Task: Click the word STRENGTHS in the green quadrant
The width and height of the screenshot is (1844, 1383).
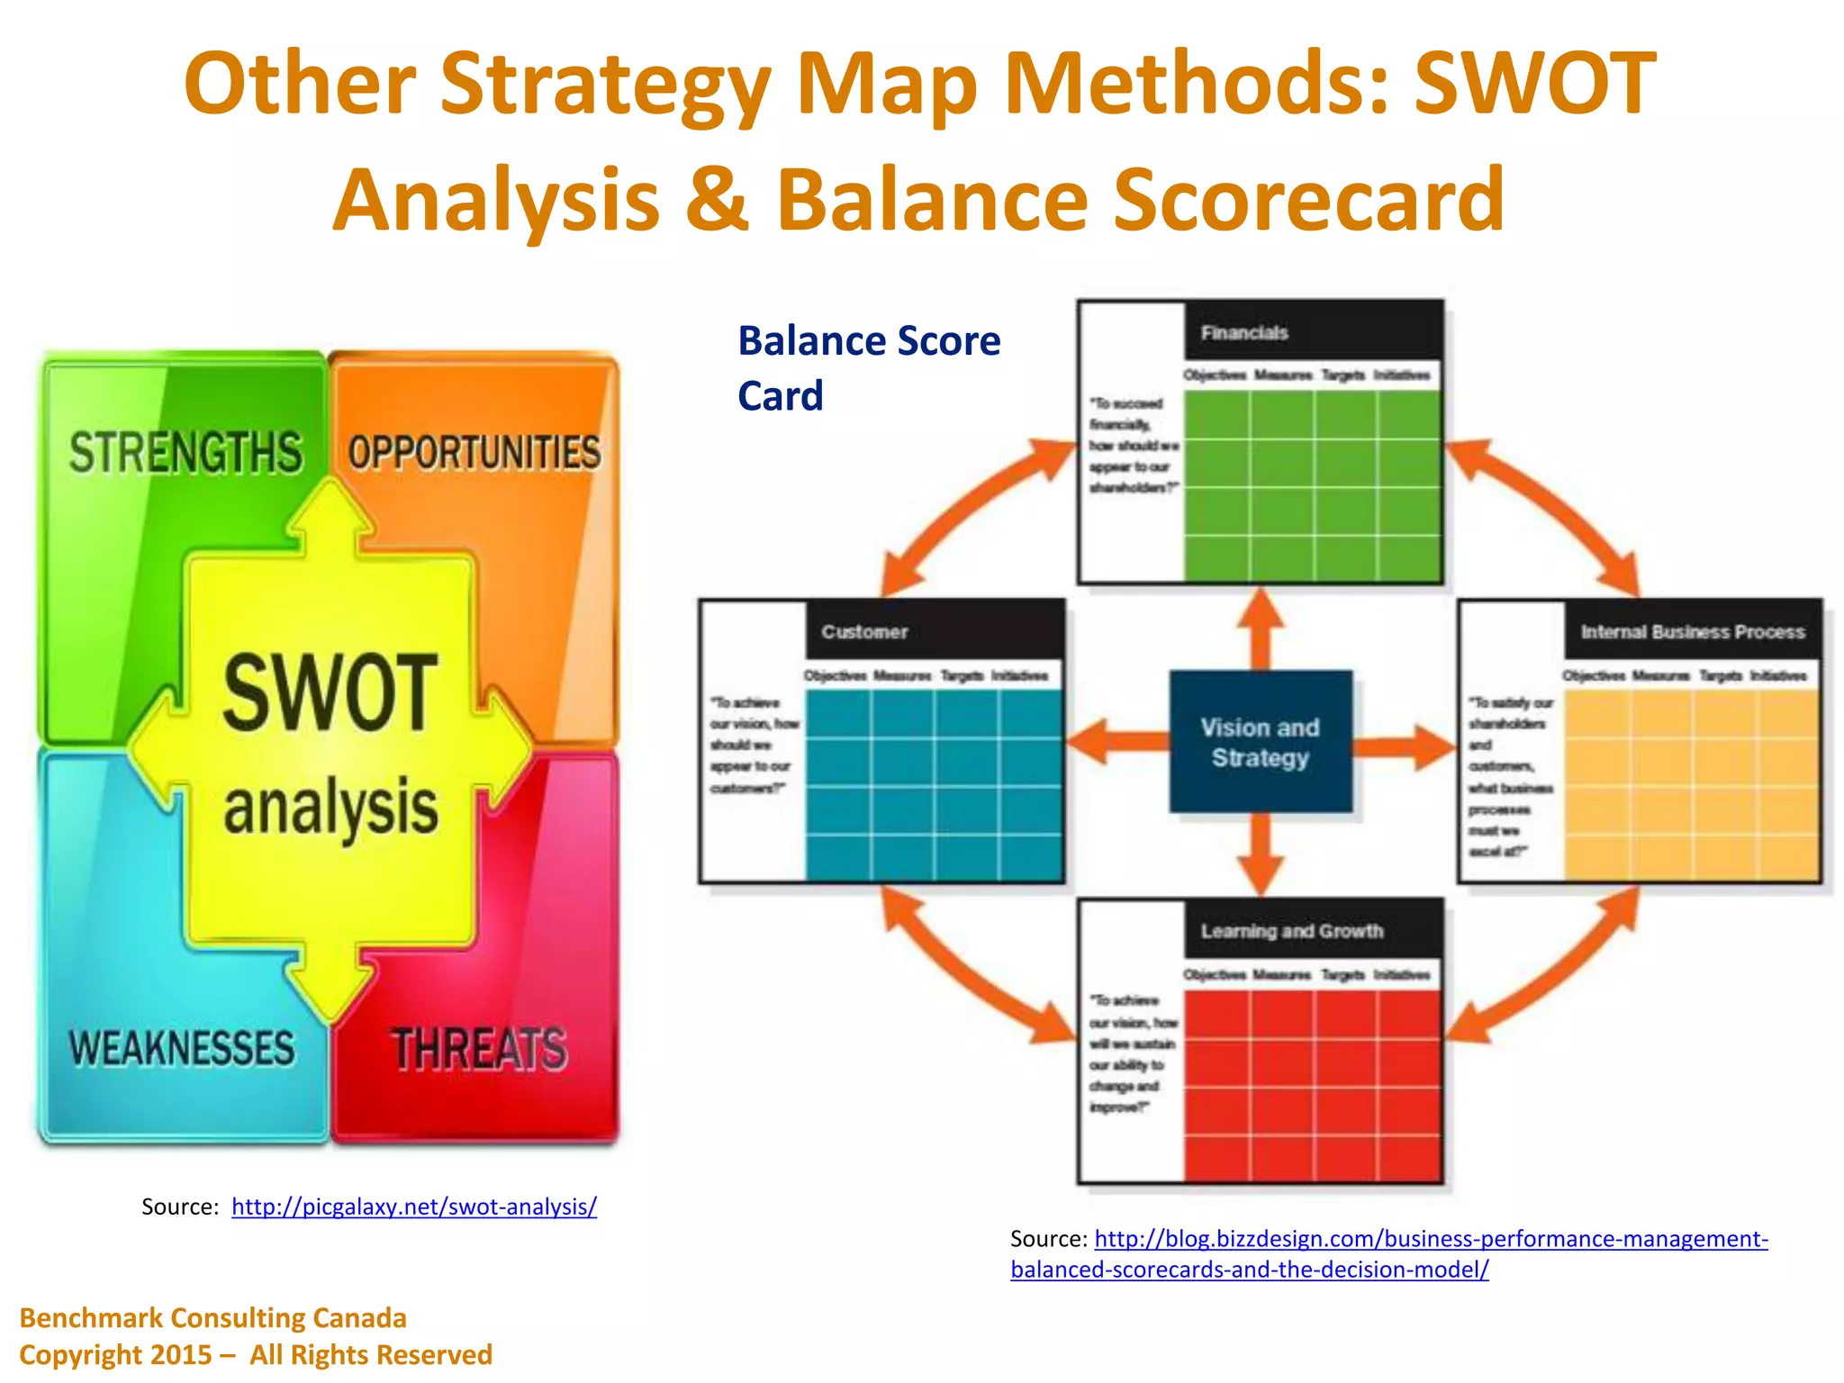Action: point(185,453)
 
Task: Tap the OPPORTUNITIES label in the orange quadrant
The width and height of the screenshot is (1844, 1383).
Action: point(475,453)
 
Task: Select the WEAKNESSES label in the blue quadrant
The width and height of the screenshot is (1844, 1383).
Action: point(182,1048)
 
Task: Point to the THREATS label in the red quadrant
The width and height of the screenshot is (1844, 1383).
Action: point(479,1050)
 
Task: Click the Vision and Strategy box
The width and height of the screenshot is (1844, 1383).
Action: point(1260,742)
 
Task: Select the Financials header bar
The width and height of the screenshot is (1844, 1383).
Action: point(1313,332)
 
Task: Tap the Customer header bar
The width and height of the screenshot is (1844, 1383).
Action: point(935,631)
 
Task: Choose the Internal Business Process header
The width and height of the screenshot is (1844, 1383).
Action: point(1692,631)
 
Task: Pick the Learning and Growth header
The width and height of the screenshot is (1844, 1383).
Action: point(1313,931)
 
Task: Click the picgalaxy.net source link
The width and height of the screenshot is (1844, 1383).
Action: point(414,1207)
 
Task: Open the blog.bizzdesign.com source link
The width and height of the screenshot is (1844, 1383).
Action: point(1431,1239)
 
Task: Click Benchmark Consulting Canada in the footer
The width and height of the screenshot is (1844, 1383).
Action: point(213,1318)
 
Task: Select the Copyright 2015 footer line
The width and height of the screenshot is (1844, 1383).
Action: point(256,1355)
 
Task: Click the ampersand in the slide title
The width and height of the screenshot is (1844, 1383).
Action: point(717,199)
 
